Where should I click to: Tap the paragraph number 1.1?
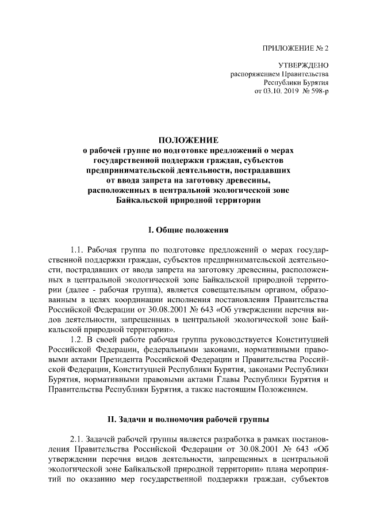pyautogui.click(x=78, y=250)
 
